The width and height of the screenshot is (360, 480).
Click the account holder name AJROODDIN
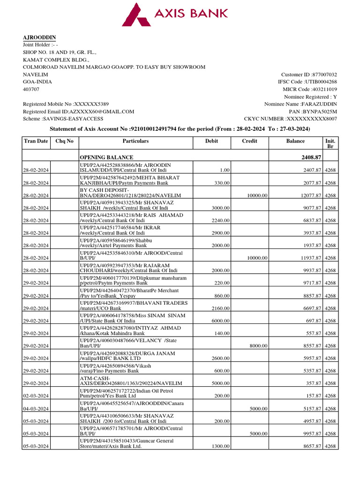tap(40, 37)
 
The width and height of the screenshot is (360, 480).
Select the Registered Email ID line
tap(79, 112)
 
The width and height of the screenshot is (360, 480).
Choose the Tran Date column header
tap(36, 141)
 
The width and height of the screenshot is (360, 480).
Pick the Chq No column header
tap(65, 141)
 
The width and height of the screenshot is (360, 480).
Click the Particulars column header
tap(135, 141)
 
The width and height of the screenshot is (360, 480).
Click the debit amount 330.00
tap(222, 183)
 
